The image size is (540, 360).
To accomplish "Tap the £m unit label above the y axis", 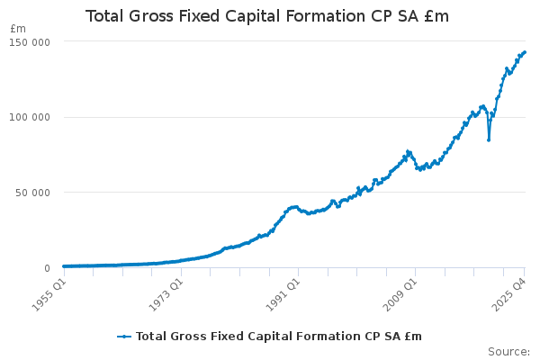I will (18, 29).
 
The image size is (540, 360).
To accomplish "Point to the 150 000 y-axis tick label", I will (30, 41).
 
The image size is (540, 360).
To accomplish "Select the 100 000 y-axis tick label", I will (30, 117).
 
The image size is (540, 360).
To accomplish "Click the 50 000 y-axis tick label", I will (32, 193).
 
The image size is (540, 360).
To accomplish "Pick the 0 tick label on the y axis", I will (46, 268).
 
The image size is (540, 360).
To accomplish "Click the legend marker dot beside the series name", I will (125, 337).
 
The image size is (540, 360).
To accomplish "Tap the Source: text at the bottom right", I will (508, 351).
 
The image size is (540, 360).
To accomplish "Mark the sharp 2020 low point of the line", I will (489, 139).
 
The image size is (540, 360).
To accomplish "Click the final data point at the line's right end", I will (525, 52).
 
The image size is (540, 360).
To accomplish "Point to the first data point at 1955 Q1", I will (63, 266).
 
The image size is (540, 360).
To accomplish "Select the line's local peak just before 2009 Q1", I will (408, 151).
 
